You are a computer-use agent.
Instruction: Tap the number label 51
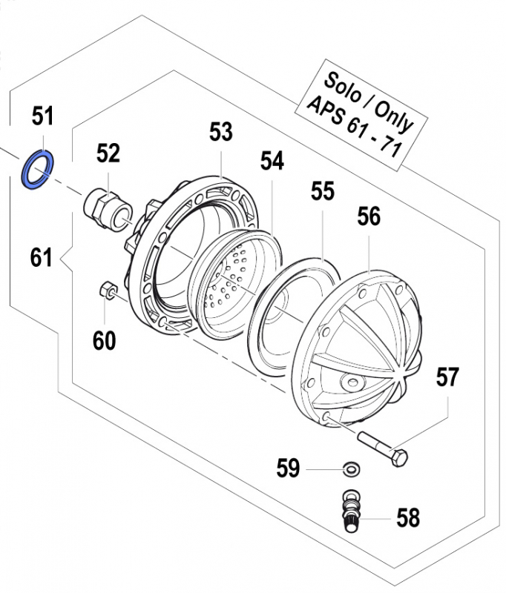coord(42,116)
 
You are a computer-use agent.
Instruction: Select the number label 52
coord(108,153)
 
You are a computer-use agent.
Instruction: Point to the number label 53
coord(220,133)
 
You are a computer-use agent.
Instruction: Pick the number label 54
coord(272,162)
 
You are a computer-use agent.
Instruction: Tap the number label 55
coord(323,192)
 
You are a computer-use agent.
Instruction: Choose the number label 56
coord(369,217)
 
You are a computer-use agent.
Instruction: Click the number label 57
coord(447,377)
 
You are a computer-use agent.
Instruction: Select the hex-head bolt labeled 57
coord(383,448)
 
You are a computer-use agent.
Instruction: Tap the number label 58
coord(407,517)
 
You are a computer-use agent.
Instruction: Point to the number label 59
coord(289,468)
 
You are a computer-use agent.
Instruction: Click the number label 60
coord(104,340)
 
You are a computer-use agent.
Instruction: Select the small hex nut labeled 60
coord(105,290)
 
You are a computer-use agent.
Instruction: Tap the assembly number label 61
coord(42,258)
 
